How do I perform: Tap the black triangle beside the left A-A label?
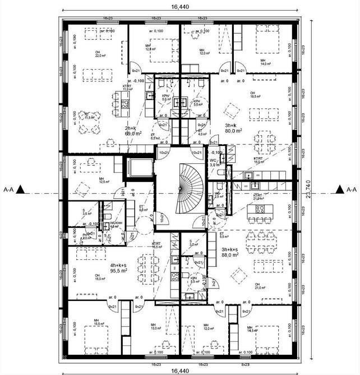click(20, 190)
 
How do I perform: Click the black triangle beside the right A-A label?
click(339, 190)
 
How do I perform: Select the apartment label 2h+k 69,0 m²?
click(133, 131)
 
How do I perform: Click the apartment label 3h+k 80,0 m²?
click(233, 128)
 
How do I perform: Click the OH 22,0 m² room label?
click(100, 54)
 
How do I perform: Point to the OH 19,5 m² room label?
click(256, 94)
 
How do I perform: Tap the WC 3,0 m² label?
click(215, 163)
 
